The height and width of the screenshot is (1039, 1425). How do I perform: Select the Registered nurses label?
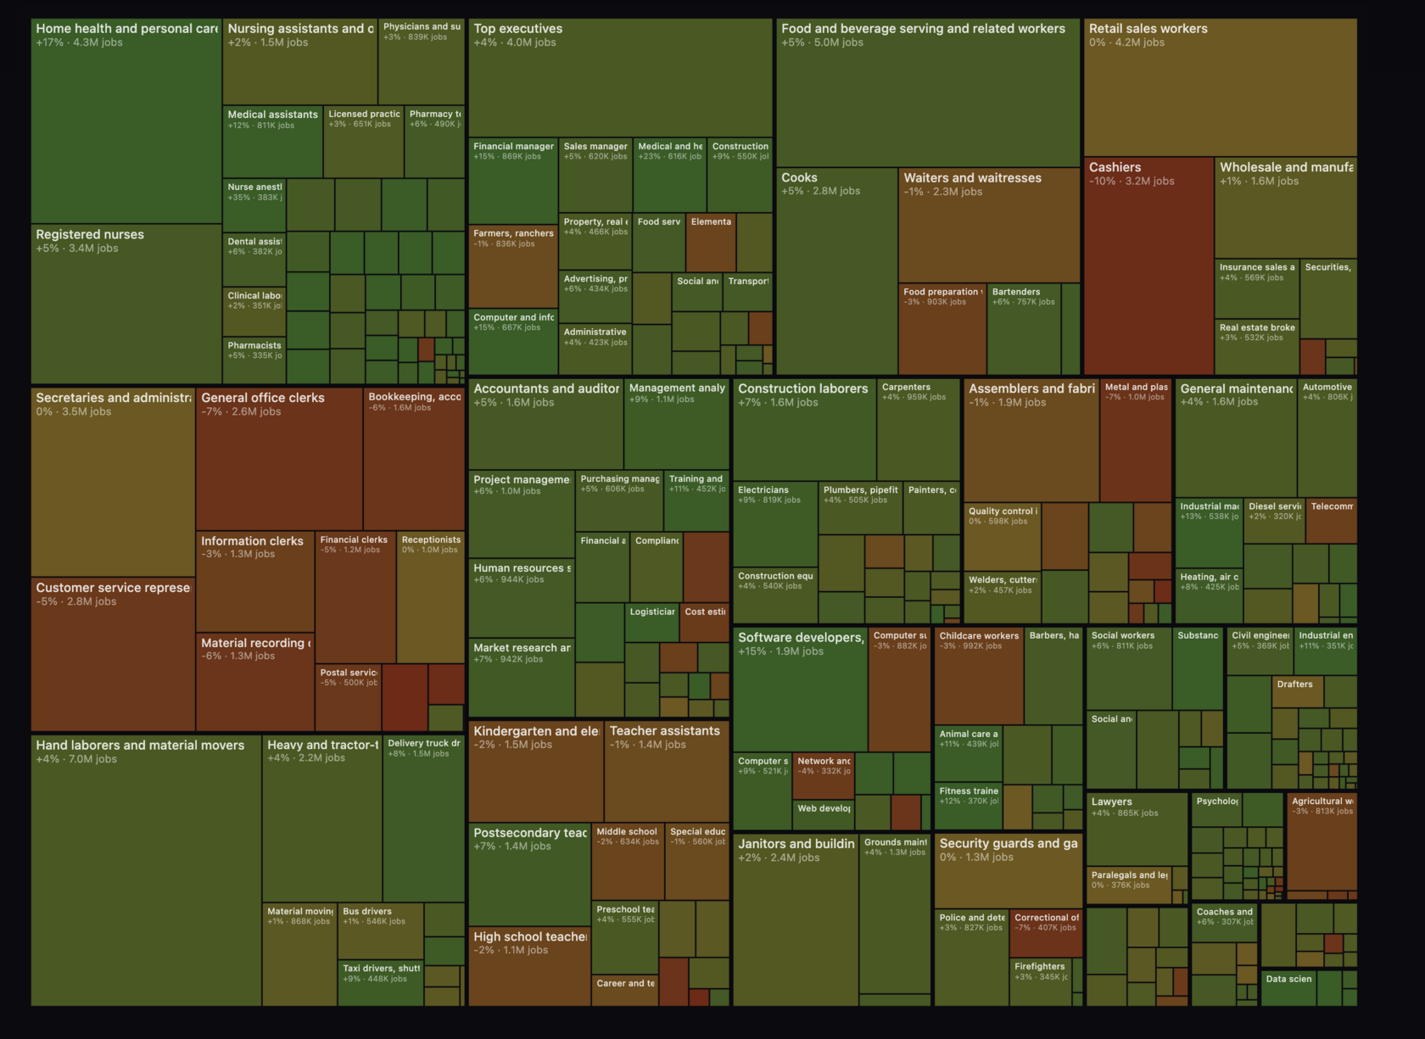90,235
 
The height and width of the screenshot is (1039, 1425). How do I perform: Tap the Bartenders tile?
1023,327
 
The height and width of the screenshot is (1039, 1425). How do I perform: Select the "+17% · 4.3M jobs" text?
79,42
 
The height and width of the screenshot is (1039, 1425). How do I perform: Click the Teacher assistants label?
664,731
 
